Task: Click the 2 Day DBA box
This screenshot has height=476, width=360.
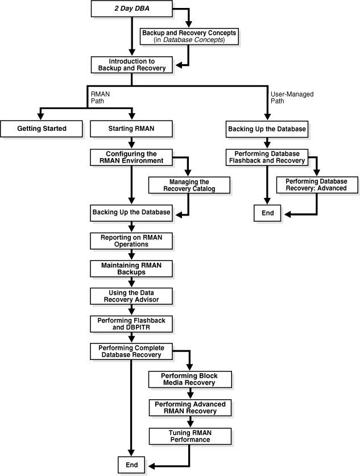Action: [131, 8]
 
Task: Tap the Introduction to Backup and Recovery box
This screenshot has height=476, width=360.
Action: [131, 64]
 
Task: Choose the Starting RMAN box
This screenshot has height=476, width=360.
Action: [131, 129]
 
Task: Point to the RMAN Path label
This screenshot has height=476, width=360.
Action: [100, 97]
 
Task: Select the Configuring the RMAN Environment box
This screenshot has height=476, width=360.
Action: [131, 157]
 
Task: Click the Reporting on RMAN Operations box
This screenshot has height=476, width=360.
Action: [131, 241]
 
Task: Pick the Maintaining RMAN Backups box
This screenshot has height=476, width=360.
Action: [131, 268]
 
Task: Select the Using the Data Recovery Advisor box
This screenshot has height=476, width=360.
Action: [131, 296]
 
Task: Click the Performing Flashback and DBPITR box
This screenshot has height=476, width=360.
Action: [131, 324]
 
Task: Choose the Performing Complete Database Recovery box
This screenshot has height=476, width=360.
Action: [131, 351]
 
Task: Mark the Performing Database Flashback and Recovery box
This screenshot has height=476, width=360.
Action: [267, 157]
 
